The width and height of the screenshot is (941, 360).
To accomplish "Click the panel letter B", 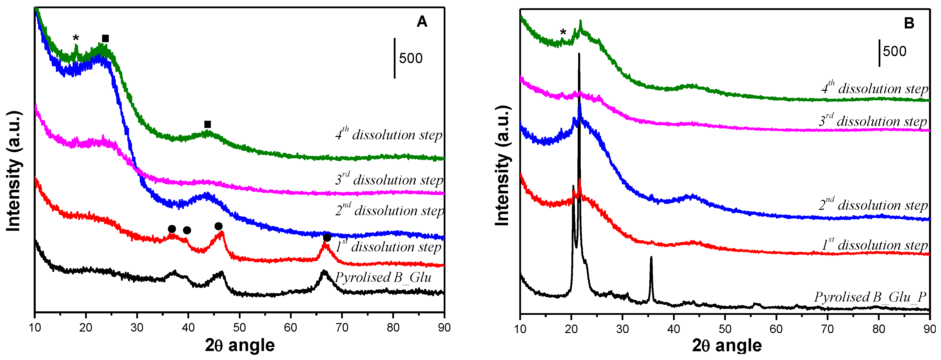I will [909, 23].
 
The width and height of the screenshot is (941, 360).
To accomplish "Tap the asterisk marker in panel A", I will [76, 38].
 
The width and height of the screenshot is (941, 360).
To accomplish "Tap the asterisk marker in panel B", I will [563, 32].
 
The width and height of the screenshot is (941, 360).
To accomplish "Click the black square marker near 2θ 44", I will [207, 124].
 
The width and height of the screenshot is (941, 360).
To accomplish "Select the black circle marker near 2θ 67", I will [327, 238].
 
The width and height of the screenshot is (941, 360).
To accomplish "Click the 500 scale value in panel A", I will [410, 58].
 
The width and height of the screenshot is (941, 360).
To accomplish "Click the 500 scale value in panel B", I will [895, 51].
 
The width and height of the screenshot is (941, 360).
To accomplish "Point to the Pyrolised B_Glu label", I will [383, 277].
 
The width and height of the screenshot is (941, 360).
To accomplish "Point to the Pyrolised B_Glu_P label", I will [870, 297].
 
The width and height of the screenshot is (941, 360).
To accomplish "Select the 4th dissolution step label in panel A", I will [389, 135].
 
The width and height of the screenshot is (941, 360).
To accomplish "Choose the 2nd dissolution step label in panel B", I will [873, 205].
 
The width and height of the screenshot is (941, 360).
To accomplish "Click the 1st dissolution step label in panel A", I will [389, 247].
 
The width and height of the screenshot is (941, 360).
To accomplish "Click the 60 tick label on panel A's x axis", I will [290, 328].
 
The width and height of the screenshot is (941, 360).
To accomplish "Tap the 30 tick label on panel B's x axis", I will [622, 329].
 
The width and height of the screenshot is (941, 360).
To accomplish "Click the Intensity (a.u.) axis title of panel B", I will [503, 166].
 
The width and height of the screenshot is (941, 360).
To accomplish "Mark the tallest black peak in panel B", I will [579, 55].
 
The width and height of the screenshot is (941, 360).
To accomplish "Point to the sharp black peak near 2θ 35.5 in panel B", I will [651, 258].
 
